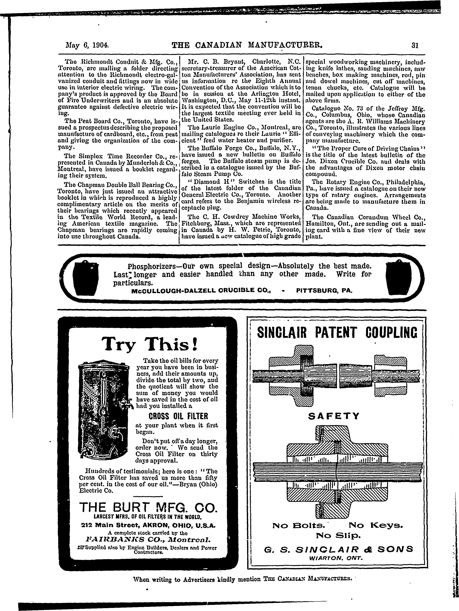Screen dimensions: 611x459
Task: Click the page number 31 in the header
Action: click(415, 45)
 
